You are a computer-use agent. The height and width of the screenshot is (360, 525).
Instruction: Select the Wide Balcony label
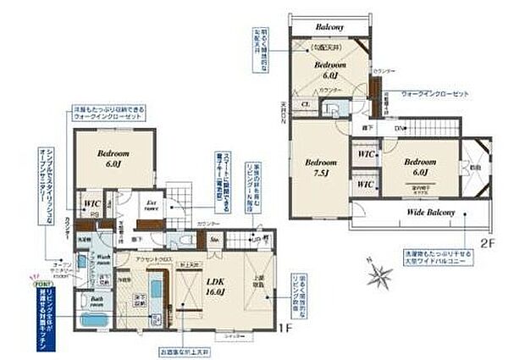click(431, 212)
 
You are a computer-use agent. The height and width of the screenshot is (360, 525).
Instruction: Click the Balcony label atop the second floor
click(329, 26)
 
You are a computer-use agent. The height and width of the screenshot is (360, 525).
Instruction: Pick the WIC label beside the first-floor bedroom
click(92, 204)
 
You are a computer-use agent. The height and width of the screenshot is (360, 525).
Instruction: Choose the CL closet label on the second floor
click(305, 105)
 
